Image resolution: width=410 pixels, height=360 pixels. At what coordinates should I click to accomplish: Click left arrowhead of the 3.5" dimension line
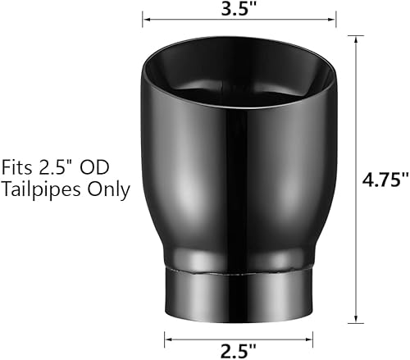click(146, 14)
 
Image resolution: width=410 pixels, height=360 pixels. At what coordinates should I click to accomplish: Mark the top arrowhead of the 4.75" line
click(355, 39)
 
